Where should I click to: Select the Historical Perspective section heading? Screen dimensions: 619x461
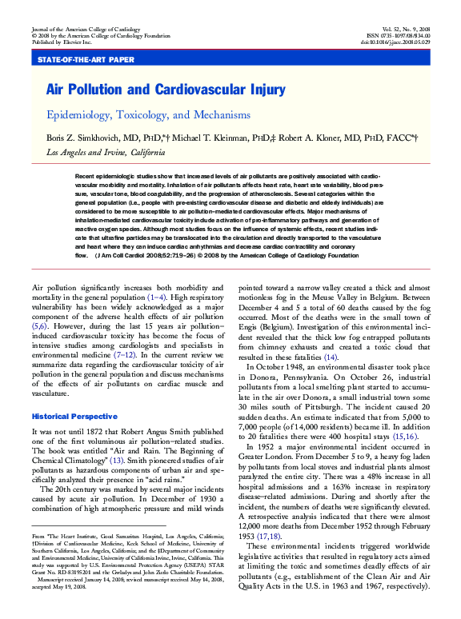[74, 417]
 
